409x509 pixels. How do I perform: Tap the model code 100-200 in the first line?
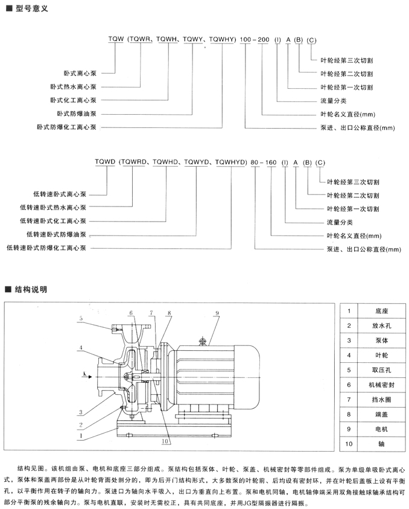pyautogui.click(x=255, y=40)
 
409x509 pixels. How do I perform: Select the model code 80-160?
pyautogui.click(x=263, y=162)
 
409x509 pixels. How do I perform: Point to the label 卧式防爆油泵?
pyautogui.click(x=78, y=113)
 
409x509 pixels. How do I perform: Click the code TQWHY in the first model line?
pyautogui.click(x=222, y=40)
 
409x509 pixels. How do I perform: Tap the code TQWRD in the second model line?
pyautogui.click(x=135, y=162)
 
